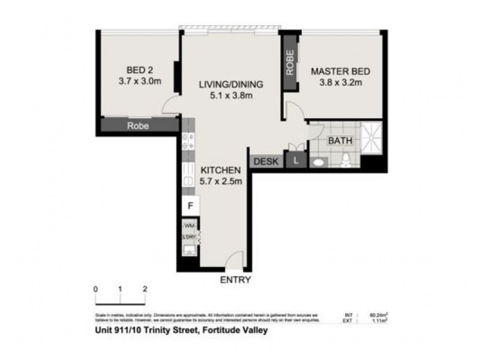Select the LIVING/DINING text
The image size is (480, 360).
pos(231,84)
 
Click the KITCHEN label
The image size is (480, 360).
pos(220,170)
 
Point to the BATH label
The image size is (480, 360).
pos(340,142)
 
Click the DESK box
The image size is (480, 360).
pos(266,161)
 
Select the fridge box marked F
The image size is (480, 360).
pos(190,206)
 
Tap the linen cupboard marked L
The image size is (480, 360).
pos(296,161)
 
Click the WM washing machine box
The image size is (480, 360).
pos(189,226)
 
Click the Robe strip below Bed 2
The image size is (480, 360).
pos(139,126)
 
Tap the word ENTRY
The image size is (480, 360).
pos(235,280)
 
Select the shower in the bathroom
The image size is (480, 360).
pos(371,138)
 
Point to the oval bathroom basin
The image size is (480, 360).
pos(317,161)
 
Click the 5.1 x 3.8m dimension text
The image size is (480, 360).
pos(231,95)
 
